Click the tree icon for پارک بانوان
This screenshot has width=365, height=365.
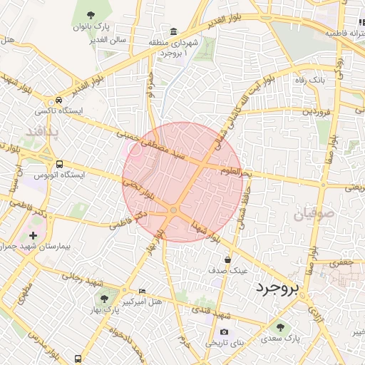(90, 15)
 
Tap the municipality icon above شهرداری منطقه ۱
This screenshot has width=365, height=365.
(174, 31)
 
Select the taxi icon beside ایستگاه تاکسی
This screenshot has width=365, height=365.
(59, 101)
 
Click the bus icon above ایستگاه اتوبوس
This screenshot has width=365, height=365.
(59, 163)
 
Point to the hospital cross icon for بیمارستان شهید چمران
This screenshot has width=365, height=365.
(33, 235)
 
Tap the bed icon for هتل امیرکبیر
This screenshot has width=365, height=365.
(142, 292)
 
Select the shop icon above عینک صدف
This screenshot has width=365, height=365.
(227, 260)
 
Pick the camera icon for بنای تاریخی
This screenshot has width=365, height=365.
(225, 331)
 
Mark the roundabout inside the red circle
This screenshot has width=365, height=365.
(173, 209)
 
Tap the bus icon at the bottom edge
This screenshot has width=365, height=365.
(78, 358)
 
